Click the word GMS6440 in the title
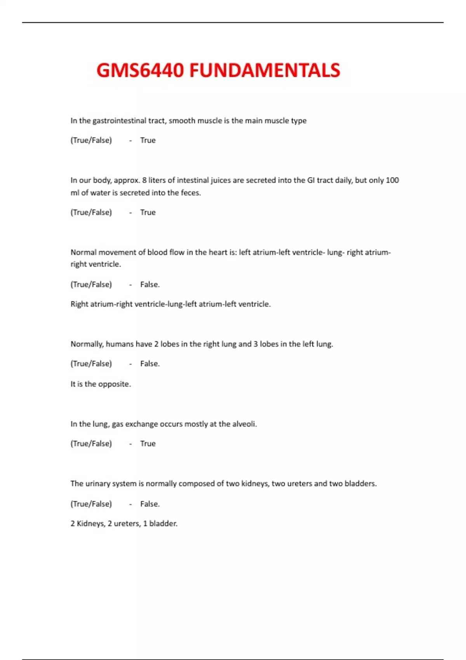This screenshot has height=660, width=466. click(140, 71)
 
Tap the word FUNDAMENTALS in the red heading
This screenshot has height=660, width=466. click(264, 71)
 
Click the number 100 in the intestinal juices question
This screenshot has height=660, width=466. click(392, 180)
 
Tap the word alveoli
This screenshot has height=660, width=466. click(244, 424)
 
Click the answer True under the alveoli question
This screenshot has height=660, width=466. click(148, 443)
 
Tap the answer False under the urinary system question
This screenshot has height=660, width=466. click(150, 504)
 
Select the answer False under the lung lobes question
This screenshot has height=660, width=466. click(150, 364)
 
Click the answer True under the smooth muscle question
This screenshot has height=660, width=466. click(148, 140)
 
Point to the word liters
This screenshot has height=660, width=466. click(157, 180)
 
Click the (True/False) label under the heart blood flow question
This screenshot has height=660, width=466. click(91, 285)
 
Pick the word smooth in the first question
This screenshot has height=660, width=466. click(182, 121)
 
